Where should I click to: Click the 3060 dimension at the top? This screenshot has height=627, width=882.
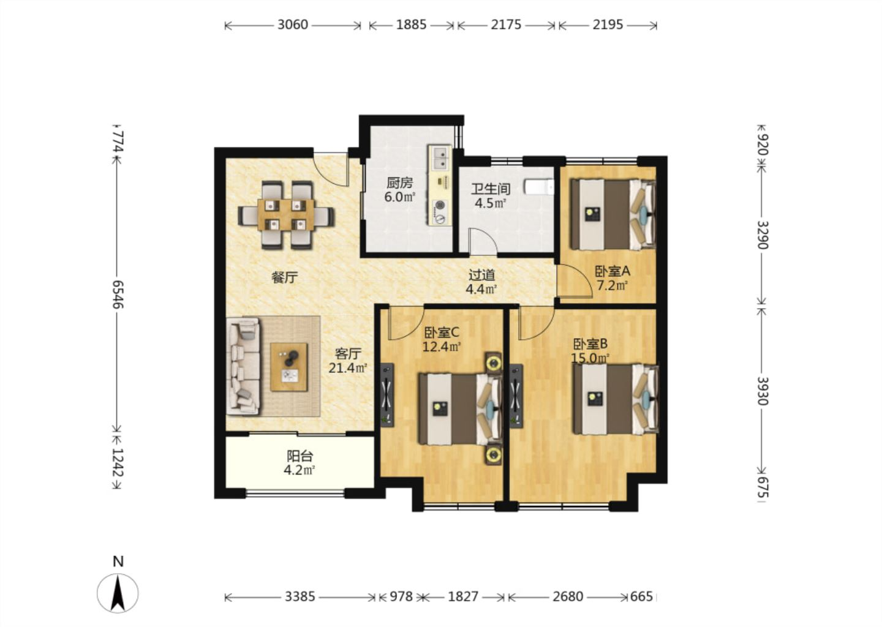(293, 24)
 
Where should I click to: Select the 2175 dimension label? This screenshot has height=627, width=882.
(506, 24)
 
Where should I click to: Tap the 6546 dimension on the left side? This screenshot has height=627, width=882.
(118, 294)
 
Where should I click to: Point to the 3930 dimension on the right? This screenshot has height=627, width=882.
(763, 391)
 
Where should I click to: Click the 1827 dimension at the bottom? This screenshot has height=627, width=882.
(463, 597)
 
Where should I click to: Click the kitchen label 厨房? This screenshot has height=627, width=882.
(399, 182)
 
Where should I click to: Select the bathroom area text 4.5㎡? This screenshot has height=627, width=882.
(490, 203)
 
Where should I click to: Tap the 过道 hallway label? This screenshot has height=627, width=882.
(481, 275)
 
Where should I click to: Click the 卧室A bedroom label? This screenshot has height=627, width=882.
(612, 271)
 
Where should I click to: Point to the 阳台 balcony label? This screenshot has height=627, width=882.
(300, 456)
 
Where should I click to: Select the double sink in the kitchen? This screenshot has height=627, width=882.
(440, 158)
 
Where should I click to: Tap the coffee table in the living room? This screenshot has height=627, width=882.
(289, 367)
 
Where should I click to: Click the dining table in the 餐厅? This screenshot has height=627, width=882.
(286, 215)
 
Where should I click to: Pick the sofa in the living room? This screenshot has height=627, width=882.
(244, 366)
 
